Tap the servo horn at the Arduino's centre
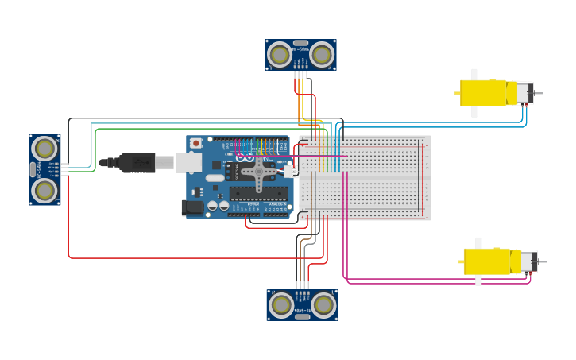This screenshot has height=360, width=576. coord(258,169)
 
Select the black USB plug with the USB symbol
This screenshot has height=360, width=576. coord(137,163)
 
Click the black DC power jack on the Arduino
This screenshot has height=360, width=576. coord(191,208)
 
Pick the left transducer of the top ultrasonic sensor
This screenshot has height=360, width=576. coord(279,55)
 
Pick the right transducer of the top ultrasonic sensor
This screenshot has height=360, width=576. coord(322,55)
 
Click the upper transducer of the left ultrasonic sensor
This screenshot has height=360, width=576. coord(44,149)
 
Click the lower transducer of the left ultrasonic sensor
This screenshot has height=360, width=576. coord(44,191)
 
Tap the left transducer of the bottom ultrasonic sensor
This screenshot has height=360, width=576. coord(281,304)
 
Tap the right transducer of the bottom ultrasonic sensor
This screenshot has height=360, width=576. coord(323,304)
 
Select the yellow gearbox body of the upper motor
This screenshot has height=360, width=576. coord(484,93)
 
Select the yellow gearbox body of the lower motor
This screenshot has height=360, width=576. coord(487,261)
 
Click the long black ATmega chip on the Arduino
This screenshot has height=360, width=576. coord(258,192)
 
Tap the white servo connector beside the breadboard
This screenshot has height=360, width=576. coord(291,171)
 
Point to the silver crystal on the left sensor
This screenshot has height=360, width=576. coord(33,169)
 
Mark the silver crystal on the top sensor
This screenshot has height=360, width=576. coord(300,43)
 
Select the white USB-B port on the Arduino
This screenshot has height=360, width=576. coord(188,162)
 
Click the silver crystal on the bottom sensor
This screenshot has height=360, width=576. coord(302,317)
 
